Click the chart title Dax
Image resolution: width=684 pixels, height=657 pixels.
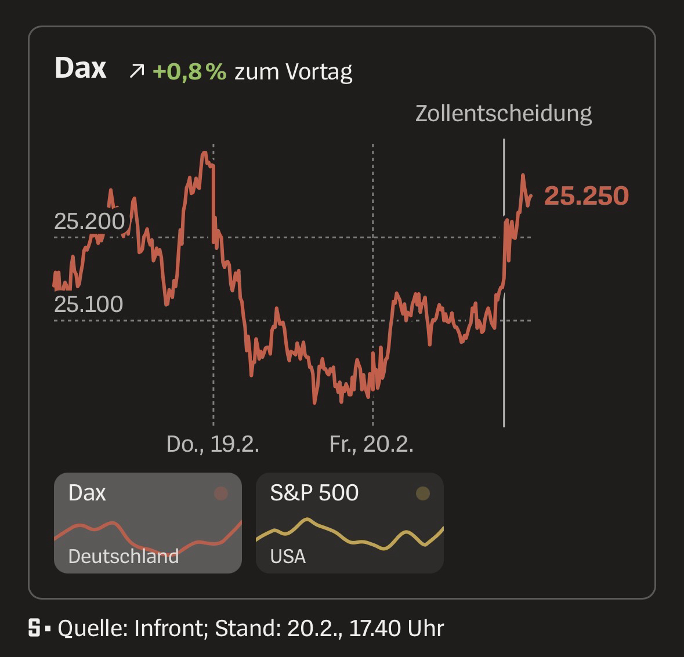tap(80, 68)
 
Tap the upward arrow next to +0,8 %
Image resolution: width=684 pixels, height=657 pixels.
tap(137, 71)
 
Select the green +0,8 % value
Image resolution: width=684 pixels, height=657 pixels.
tap(189, 71)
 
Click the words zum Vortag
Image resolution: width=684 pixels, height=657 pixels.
tap(293, 72)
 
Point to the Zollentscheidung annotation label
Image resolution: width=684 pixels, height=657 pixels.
tap(503, 113)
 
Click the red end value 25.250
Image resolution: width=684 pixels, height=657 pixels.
tap(586, 196)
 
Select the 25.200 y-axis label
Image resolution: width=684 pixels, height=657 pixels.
tap(89, 222)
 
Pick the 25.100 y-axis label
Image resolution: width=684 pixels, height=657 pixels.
tap(89, 304)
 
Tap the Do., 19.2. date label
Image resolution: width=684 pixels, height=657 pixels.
tap(212, 444)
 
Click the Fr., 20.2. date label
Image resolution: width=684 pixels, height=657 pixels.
tap(371, 444)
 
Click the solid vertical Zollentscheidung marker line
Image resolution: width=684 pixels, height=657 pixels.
tap(504, 360)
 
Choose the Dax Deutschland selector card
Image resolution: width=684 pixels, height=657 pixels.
tap(147, 522)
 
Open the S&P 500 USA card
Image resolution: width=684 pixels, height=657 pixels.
tap(349, 522)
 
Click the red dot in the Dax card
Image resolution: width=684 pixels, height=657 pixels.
tap(221, 493)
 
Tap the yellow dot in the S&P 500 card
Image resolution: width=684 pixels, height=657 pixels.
tap(423, 493)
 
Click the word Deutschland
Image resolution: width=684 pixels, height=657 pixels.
tap(123, 556)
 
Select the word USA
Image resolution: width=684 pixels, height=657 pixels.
tap(288, 556)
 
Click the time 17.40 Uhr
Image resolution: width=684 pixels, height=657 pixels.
tap(396, 629)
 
